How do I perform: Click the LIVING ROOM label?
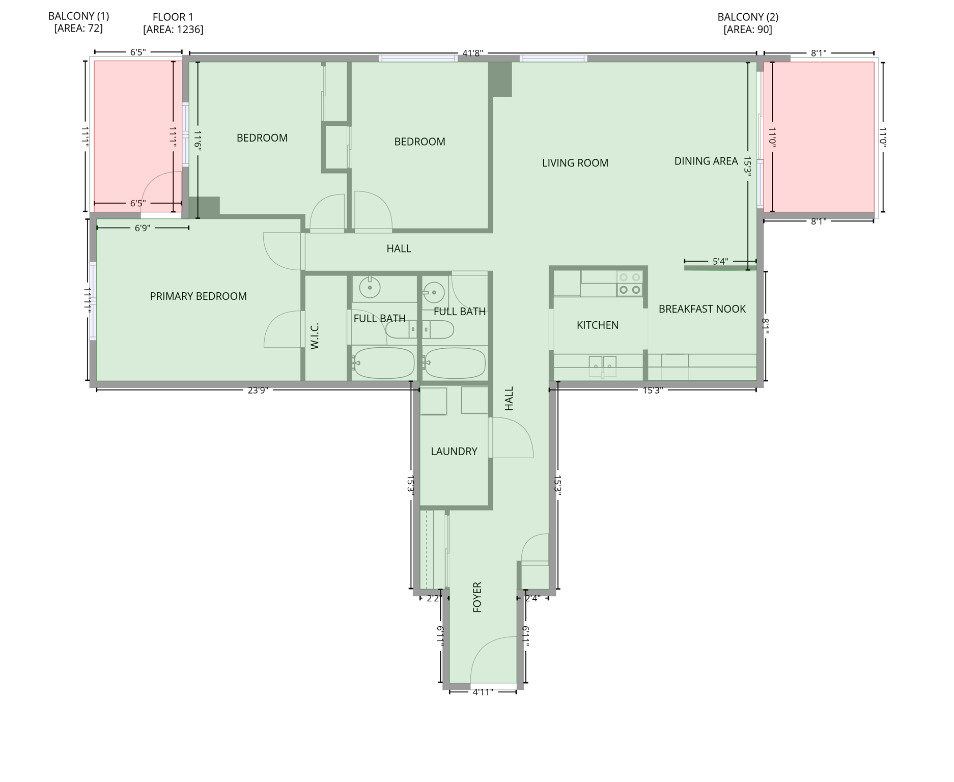click(575, 163)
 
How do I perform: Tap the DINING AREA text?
click(706, 161)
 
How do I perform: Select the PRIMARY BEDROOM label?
click(198, 296)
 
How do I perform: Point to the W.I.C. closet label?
click(314, 336)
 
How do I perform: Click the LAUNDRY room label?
click(454, 451)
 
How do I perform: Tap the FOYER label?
click(477, 597)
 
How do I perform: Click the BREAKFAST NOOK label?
click(702, 309)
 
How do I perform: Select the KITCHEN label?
click(597, 325)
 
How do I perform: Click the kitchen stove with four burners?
click(629, 284)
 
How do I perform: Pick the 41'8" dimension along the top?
click(472, 53)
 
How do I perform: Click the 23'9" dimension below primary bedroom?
click(258, 390)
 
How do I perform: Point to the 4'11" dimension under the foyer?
click(483, 692)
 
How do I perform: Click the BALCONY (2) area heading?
click(747, 17)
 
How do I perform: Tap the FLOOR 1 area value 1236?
click(173, 30)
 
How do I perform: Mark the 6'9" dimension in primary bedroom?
click(142, 228)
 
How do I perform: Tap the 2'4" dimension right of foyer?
click(532, 598)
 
